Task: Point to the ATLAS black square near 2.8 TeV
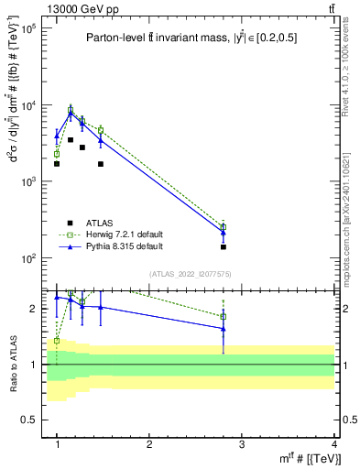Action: (x=224, y=247)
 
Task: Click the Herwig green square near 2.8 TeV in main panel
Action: (x=224, y=227)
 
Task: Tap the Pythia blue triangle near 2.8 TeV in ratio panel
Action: (x=224, y=328)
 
